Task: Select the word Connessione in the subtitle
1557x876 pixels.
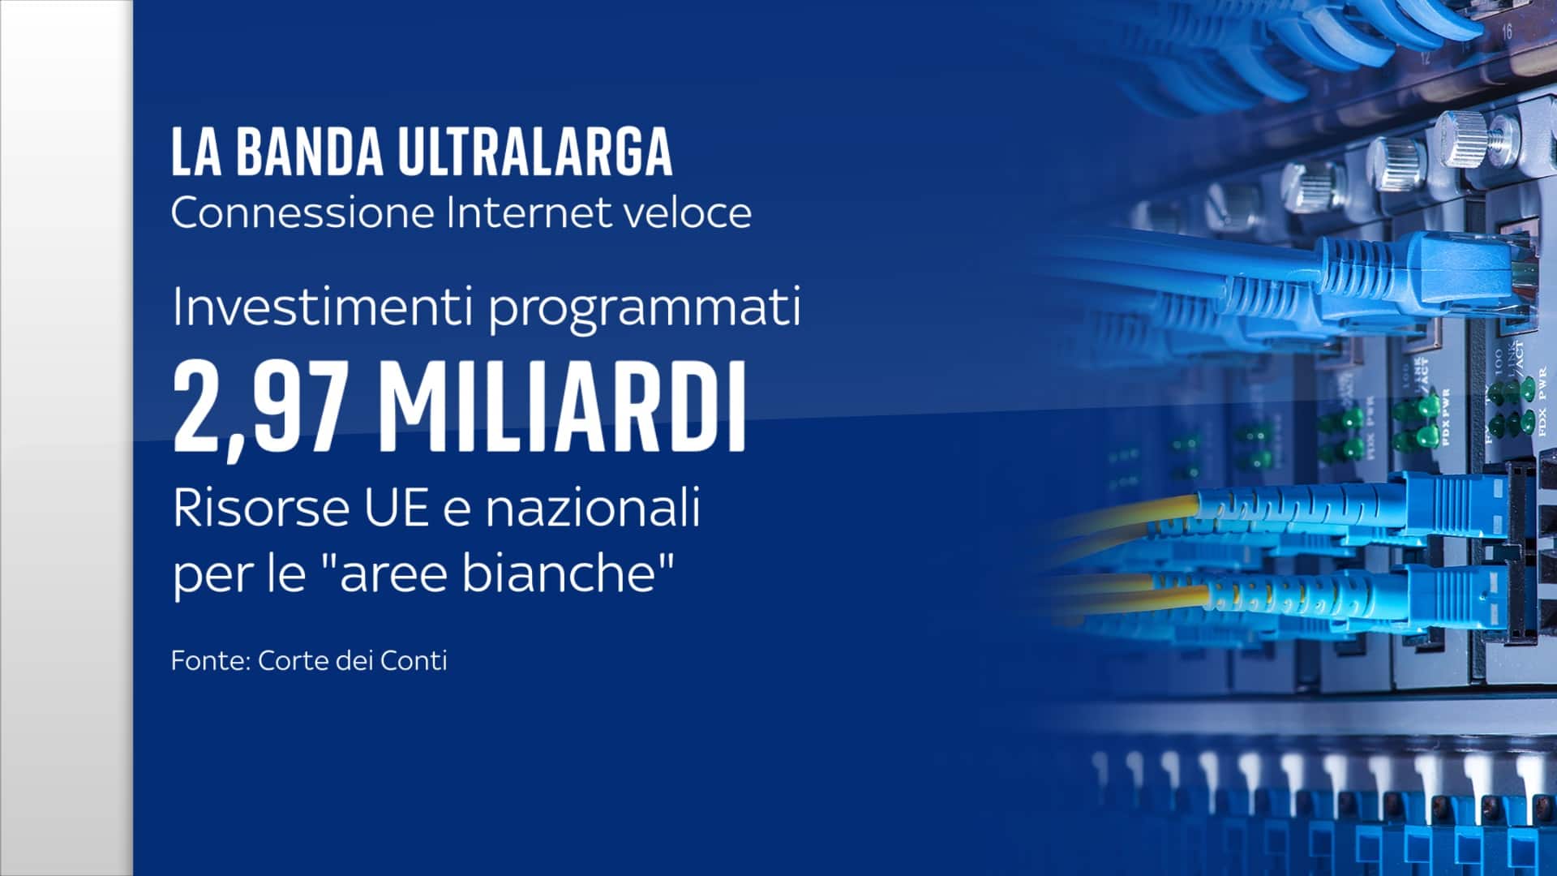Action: tap(303, 213)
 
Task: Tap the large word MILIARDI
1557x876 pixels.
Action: tap(562, 406)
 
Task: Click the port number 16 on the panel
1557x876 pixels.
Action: tap(1506, 32)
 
